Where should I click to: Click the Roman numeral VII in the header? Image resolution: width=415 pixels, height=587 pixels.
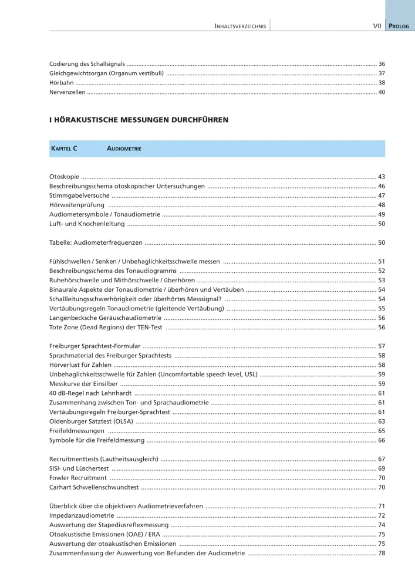tap(378, 26)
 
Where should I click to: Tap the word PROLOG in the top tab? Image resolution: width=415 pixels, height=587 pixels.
tap(400, 26)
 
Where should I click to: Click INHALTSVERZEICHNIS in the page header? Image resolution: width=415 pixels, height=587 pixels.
tap(241, 26)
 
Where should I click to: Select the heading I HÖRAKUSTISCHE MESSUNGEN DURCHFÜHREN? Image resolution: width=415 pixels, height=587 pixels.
tap(139, 120)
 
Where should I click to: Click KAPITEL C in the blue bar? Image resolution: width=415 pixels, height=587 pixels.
tap(65, 149)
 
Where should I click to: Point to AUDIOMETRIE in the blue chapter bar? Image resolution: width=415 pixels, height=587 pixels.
tap(124, 149)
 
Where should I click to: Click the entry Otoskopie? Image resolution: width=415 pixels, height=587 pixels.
tap(64, 177)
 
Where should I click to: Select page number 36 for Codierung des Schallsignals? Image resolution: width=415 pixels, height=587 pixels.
tap(382, 63)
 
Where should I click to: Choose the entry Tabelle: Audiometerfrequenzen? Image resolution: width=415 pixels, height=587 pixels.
tap(96, 242)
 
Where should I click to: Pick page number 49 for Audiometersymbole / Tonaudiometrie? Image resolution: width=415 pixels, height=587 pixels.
tap(382, 214)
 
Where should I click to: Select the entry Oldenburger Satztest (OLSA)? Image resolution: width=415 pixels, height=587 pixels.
tap(91, 421)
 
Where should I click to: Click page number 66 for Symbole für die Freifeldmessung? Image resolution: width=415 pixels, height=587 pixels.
tap(382, 440)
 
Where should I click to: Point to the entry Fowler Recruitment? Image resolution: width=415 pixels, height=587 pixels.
tap(78, 478)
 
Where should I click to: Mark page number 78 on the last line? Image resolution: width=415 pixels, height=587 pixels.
tap(382, 553)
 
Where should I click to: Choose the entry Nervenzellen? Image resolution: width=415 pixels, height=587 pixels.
tap(67, 92)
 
